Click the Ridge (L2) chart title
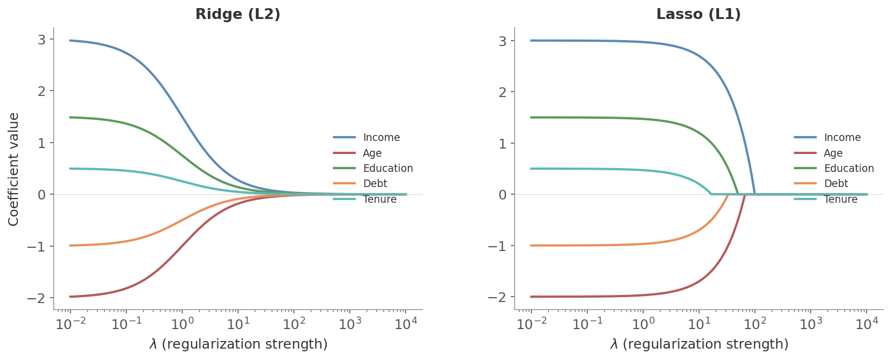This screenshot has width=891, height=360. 238,15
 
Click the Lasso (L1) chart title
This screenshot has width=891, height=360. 698,15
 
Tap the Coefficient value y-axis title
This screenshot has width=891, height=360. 14,169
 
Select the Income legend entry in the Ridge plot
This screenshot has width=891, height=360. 381,138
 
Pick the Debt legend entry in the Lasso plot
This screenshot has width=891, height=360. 836,184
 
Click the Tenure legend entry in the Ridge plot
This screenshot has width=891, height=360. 380,200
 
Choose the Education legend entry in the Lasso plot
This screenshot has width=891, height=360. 849,169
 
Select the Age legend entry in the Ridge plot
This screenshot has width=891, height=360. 372,153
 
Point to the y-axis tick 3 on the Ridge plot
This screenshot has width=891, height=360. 42,39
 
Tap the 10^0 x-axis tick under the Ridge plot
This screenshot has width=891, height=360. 182,325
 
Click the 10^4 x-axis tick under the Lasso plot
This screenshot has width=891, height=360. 866,325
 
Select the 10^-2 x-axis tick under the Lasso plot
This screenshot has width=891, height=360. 531,325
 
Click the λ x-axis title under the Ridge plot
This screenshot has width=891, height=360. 238,344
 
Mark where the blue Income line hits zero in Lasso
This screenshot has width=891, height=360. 755,194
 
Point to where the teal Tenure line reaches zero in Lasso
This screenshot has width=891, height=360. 711,194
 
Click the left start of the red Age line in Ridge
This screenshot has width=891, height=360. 70,297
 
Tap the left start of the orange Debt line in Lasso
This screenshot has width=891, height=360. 531,246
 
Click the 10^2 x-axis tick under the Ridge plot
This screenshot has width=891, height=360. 293,325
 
